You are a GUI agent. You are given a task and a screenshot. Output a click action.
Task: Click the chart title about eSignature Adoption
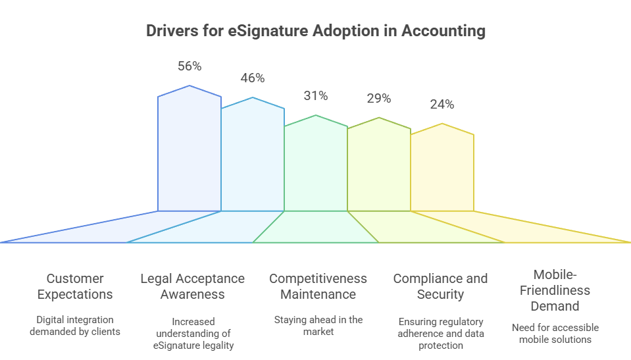pos(315,31)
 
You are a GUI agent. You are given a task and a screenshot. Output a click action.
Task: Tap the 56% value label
pos(189,66)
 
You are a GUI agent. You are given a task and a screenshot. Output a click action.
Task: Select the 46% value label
pos(253,78)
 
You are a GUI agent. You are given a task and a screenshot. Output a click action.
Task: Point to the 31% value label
pos(316,95)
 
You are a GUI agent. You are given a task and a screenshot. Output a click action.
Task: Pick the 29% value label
pos(379,99)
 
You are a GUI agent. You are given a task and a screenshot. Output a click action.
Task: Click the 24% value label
pos(442,104)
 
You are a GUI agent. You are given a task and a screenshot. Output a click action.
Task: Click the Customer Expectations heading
pos(75,286)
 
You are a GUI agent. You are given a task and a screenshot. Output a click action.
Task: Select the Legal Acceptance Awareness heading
pos(193,286)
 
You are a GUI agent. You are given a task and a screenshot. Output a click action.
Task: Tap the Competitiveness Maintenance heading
pos(318,286)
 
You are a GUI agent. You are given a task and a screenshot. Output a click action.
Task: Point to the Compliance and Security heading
pos(441,286)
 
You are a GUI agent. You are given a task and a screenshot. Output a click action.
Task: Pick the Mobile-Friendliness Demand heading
pos(555,290)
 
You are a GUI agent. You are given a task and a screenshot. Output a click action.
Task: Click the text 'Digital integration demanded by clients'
pos(75,325)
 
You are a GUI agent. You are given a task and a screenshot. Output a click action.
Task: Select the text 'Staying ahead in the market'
pos(318,325)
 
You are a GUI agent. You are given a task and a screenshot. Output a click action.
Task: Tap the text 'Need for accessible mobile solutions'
pos(555,333)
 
